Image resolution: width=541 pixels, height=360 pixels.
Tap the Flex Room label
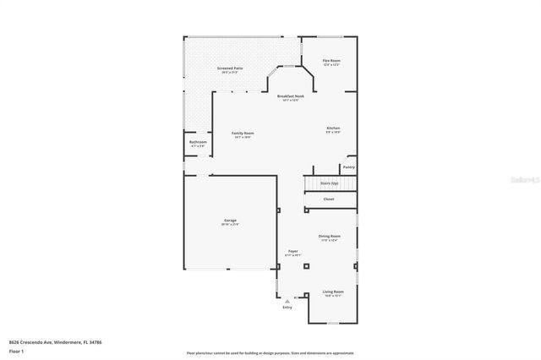[x=331, y=61]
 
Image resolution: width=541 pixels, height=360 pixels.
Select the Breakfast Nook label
[x=291, y=96]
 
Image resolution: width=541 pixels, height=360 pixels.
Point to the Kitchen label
[x=333, y=128]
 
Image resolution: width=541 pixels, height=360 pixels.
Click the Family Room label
[x=243, y=134]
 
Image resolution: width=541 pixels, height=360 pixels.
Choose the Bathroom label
[x=198, y=142]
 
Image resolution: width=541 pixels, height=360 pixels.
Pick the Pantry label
[x=348, y=167]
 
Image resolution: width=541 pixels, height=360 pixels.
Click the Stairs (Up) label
[x=329, y=183]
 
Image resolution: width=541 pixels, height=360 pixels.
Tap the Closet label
[x=329, y=199]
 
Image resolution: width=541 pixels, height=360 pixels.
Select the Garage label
[x=230, y=220]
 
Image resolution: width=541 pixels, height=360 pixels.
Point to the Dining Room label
[x=330, y=236]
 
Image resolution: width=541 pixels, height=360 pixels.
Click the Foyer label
[x=292, y=251]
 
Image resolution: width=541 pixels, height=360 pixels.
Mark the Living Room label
[x=332, y=292]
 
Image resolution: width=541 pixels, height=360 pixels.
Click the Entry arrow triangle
[x=287, y=300]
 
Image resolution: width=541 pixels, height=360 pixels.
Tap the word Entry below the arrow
[x=287, y=307]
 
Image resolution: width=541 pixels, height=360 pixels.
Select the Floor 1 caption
[x=16, y=351]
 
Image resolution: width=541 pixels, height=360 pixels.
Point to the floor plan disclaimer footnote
[x=270, y=353]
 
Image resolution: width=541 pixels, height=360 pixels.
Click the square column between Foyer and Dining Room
[x=307, y=265]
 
